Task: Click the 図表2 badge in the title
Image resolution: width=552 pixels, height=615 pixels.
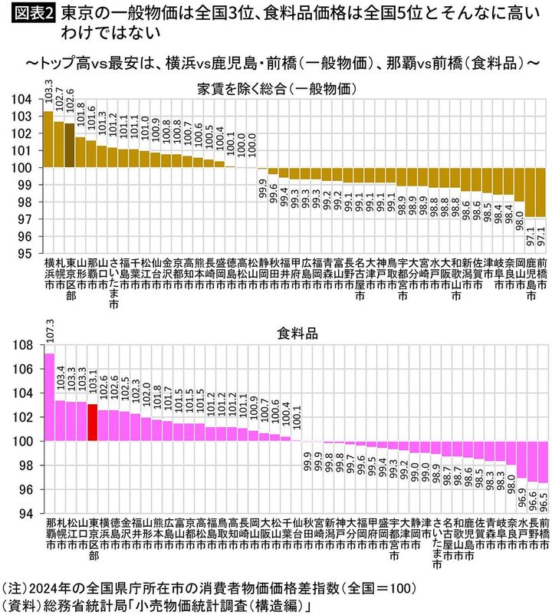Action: pyautogui.click(x=29, y=14)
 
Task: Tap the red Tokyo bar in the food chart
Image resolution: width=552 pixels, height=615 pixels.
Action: pyautogui.click(x=92, y=422)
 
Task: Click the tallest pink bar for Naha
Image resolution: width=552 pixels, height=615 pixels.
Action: pyautogui.click(x=49, y=396)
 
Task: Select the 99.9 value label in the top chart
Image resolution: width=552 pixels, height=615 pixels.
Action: pyautogui.click(x=263, y=188)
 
